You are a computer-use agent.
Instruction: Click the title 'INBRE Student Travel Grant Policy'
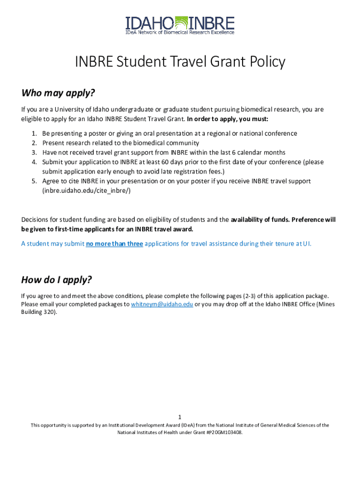tap(180, 62)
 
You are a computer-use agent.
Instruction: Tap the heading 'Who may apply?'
tap(58, 93)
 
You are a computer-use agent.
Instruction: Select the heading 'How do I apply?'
tap(57, 280)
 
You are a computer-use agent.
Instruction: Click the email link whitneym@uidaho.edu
tap(162, 304)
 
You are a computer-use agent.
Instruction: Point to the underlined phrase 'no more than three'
tap(115, 244)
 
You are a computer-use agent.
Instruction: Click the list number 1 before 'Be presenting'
tap(34, 133)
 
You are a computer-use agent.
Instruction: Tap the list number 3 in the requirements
tap(34, 152)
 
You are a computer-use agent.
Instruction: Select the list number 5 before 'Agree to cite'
tap(34, 181)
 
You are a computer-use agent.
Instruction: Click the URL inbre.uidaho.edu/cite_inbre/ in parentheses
tap(86, 190)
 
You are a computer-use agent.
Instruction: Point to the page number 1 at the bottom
tap(180, 417)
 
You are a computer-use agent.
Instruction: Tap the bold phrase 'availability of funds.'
tap(260, 219)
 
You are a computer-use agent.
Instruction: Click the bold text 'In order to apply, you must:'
tap(228, 119)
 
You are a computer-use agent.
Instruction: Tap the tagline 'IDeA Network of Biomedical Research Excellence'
tap(180, 32)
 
